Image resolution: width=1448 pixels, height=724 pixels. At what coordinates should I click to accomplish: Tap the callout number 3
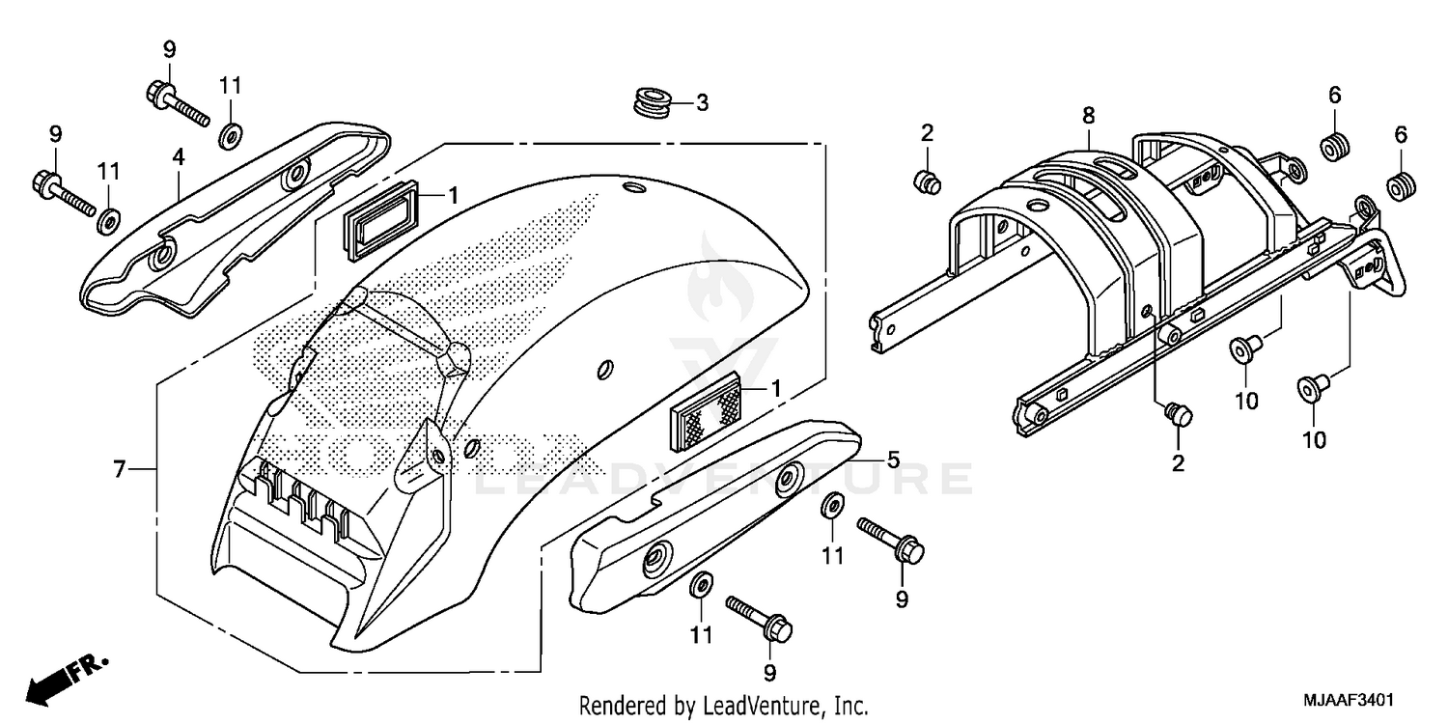[x=703, y=102]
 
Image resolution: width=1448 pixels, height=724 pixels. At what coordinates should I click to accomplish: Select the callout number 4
[x=179, y=155]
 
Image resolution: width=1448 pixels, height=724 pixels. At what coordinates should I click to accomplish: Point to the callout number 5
[x=893, y=460]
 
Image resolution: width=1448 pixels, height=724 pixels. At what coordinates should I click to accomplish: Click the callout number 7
[x=120, y=470]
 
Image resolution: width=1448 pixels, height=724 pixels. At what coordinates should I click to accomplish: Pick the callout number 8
[x=1088, y=116]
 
